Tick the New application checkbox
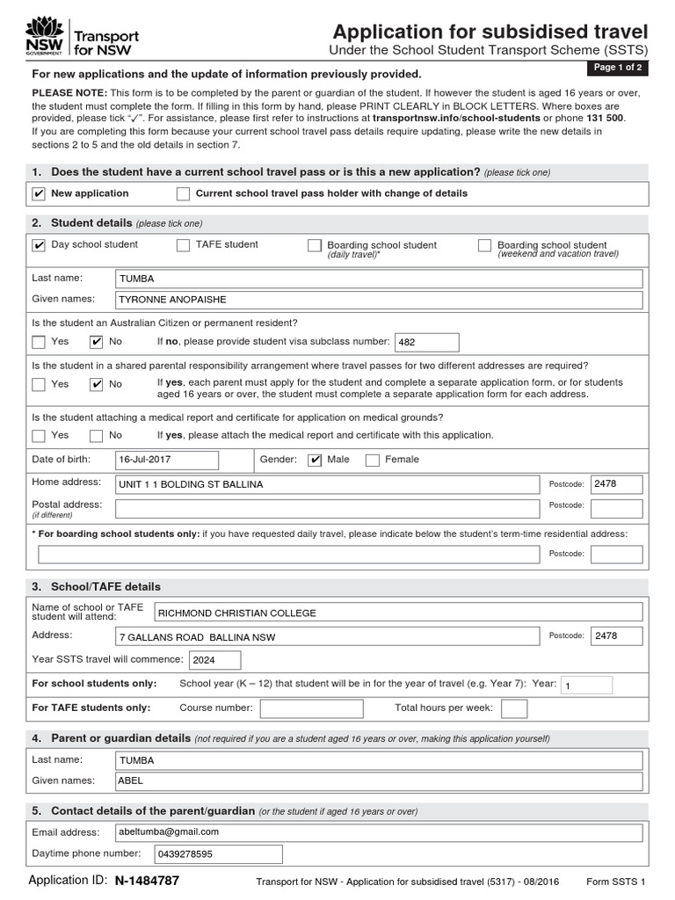[x=38, y=193]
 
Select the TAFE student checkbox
[x=183, y=245]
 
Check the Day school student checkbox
[x=38, y=245]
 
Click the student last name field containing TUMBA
[x=379, y=279]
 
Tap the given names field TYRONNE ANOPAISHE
[x=379, y=301]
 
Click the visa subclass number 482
[x=426, y=342]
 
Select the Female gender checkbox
[x=372, y=460]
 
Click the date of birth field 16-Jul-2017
[x=166, y=460]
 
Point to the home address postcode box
[x=616, y=484]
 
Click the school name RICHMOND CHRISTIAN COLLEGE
[x=398, y=613]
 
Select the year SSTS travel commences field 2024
[x=214, y=660]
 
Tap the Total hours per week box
[x=514, y=708]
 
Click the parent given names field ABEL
[x=379, y=780]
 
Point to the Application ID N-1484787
[x=147, y=881]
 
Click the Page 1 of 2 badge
[x=618, y=68]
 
